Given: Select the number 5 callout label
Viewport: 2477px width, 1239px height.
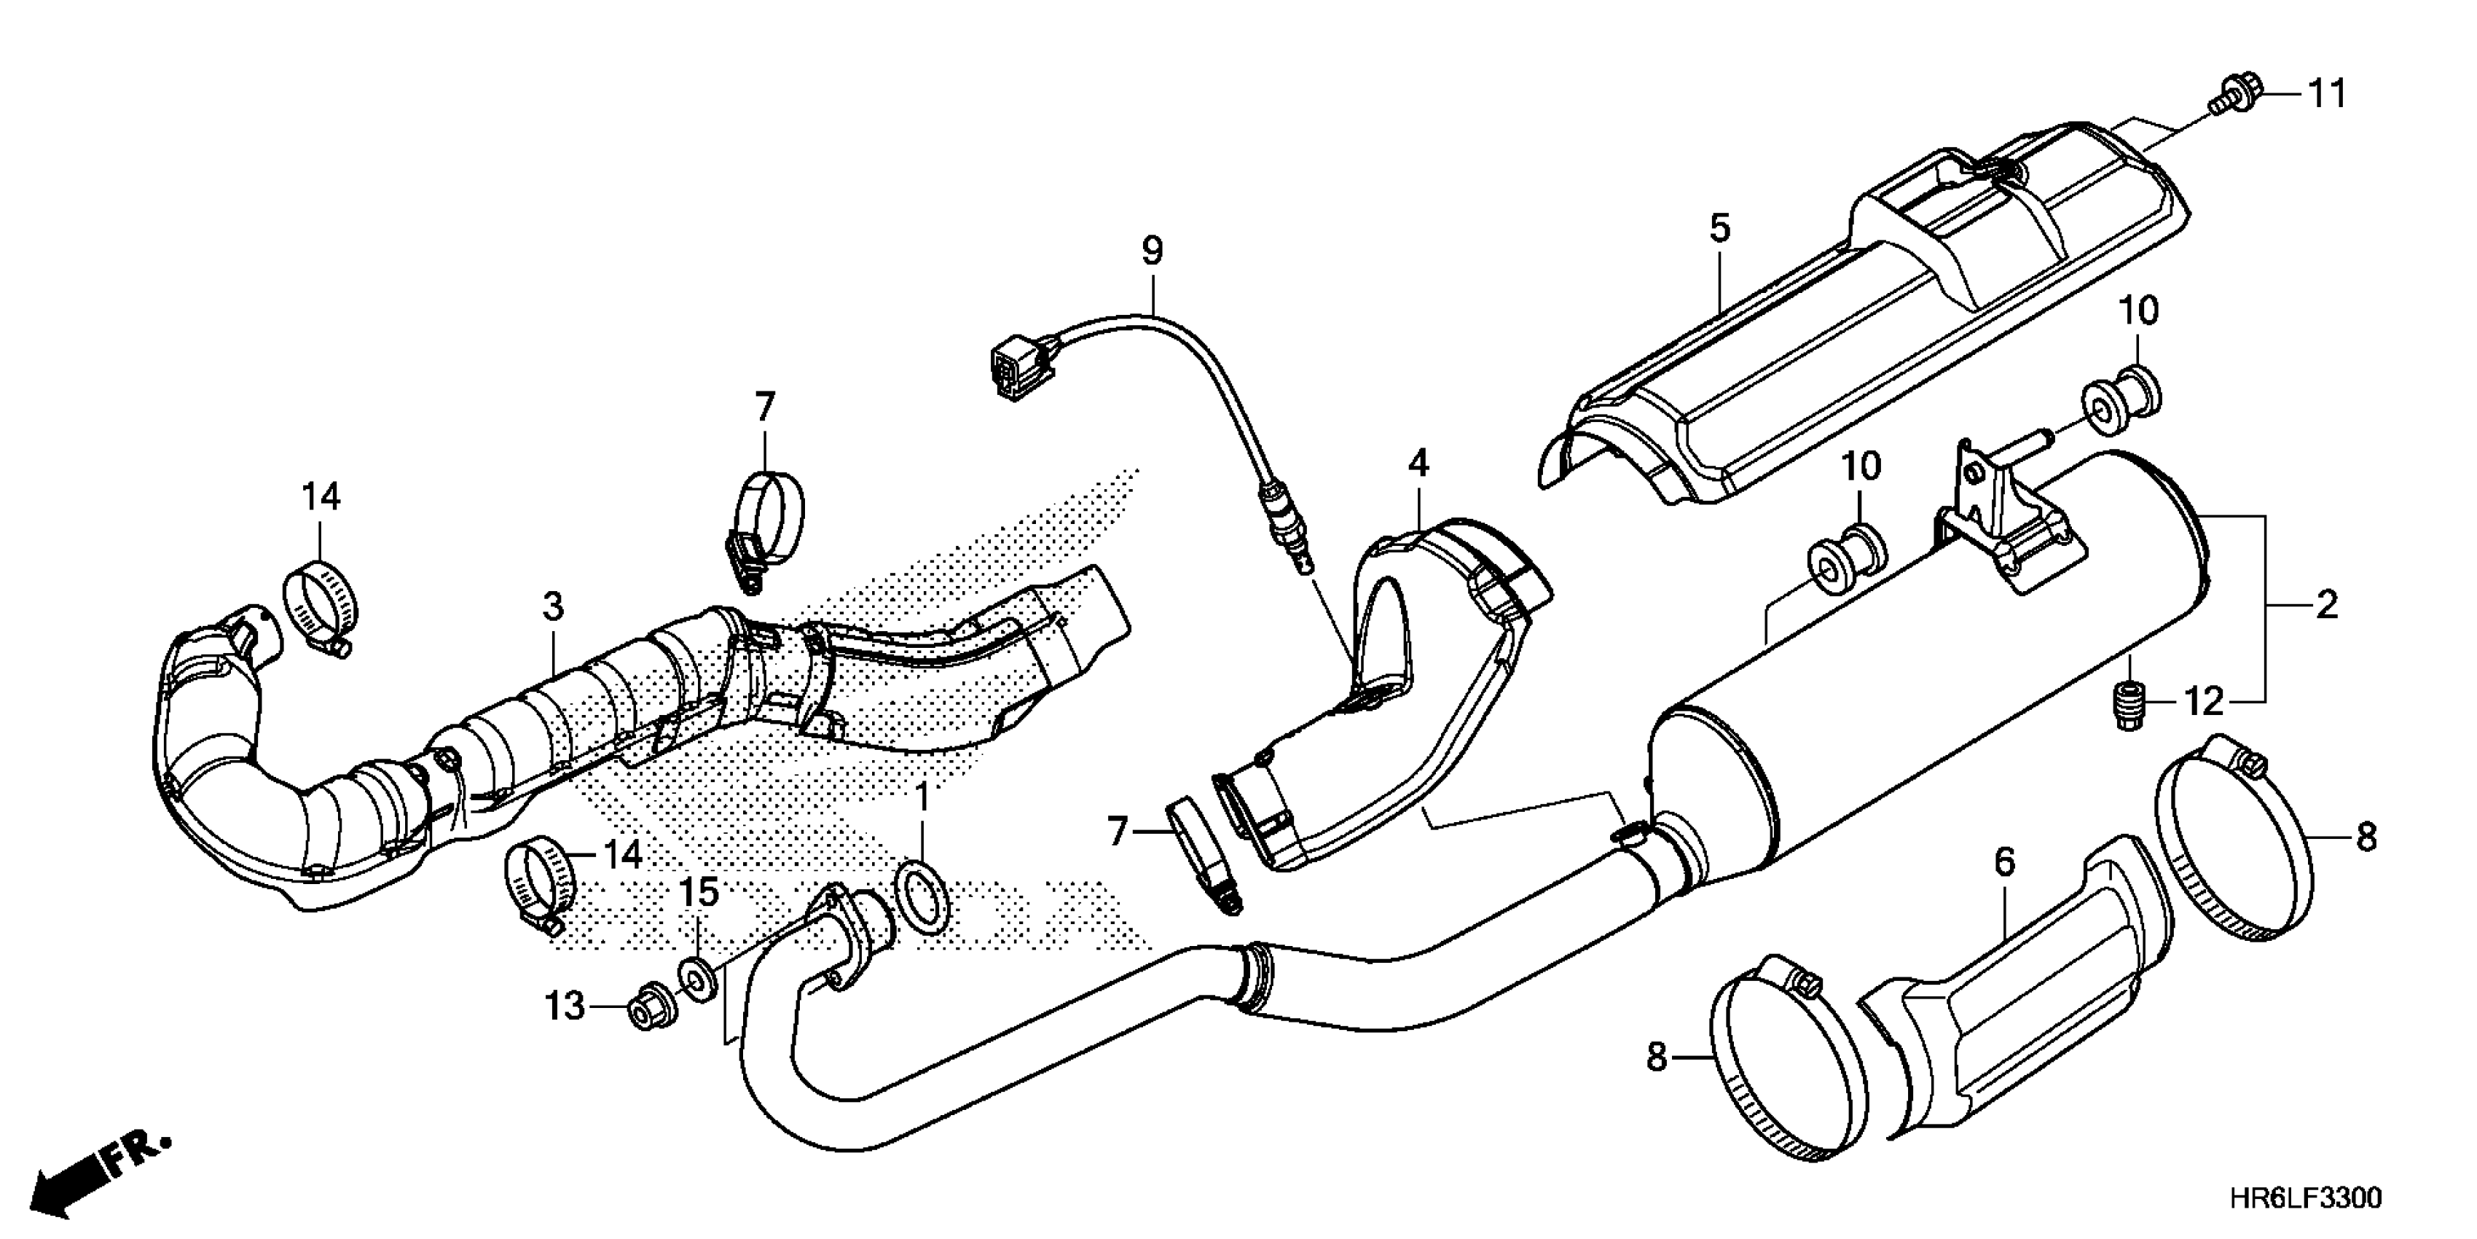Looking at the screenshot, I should tap(1720, 229).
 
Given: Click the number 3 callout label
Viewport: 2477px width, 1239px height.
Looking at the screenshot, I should tap(552, 607).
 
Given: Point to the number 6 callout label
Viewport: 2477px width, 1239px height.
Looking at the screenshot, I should tap(2004, 862).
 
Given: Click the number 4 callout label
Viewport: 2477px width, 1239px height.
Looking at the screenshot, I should tap(1418, 465).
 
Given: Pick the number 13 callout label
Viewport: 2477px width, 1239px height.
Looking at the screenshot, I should tap(565, 1007).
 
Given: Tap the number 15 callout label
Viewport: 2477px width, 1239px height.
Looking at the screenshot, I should tap(700, 893).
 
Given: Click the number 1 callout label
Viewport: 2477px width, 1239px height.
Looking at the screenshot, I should tap(922, 797).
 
